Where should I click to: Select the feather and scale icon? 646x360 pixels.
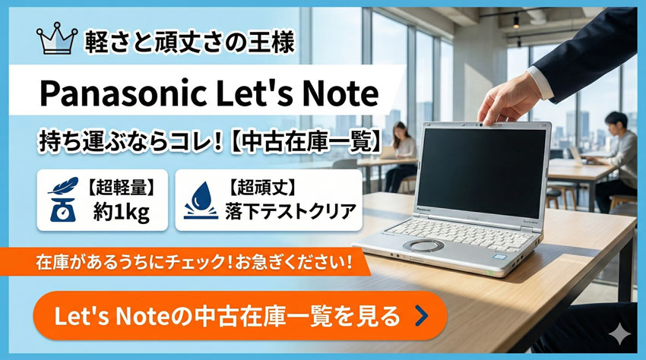(63, 199)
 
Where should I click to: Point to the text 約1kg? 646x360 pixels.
(121, 213)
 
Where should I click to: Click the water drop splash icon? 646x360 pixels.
(201, 201)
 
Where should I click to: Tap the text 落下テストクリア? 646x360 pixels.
(290, 211)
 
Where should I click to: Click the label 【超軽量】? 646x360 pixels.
(121, 188)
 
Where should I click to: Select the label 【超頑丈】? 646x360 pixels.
(262, 188)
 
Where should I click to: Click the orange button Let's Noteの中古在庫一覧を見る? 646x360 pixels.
(240, 316)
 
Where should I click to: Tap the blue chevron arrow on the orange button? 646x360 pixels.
(421, 316)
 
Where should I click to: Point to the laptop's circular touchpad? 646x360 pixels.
(423, 246)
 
